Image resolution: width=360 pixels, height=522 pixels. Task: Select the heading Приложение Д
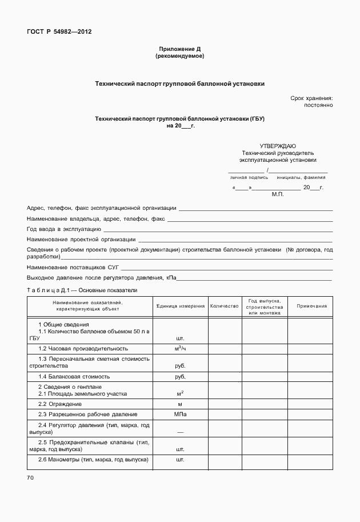tap(179, 50)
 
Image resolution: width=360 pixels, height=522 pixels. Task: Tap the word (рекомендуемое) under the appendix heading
tap(179, 57)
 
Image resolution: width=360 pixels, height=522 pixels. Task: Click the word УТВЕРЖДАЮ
tap(278, 146)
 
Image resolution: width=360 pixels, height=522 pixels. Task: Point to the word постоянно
tap(318, 106)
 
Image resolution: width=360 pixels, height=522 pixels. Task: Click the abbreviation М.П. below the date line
tap(278, 194)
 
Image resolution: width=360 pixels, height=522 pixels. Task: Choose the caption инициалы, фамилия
tap(301, 177)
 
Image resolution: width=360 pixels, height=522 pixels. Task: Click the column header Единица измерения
tap(181, 306)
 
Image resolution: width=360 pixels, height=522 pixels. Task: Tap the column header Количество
tap(224, 306)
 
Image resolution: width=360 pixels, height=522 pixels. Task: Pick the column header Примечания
tap(311, 306)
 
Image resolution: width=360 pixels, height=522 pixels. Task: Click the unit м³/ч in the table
tap(181, 348)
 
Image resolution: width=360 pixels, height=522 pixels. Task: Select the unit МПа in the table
tap(181, 414)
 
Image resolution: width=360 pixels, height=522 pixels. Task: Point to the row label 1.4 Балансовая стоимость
tap(74, 377)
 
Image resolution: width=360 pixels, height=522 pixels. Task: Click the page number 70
tap(30, 477)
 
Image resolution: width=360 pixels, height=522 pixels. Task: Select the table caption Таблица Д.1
tap(47, 290)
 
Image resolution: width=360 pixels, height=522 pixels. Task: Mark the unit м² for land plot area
tap(181, 393)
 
